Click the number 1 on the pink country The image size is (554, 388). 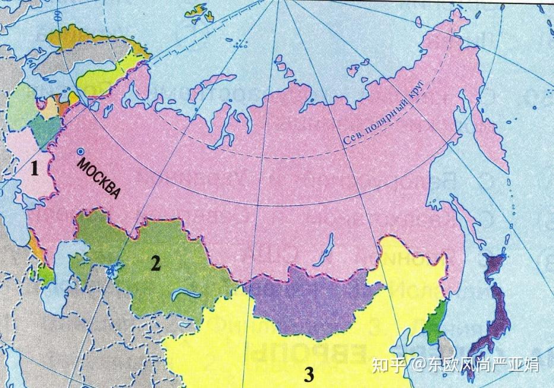coord(35,169)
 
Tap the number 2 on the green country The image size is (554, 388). coord(156,263)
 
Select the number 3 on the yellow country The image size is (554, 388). coord(309,375)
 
